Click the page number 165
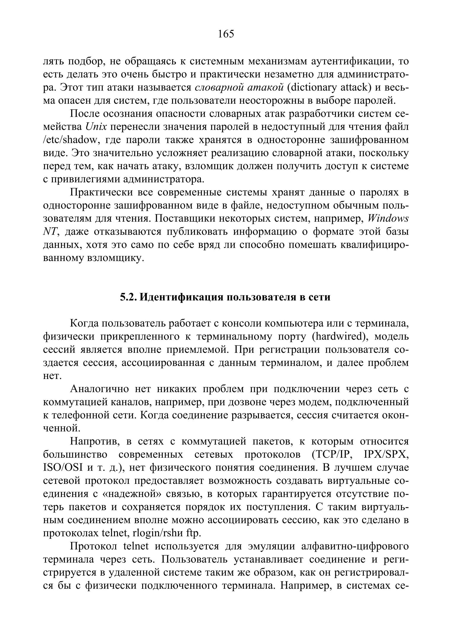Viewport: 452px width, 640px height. tap(226, 34)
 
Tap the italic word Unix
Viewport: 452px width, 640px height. tap(96, 127)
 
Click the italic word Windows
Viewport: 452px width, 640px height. tap(388, 218)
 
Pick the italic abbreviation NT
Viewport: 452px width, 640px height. tap(50, 231)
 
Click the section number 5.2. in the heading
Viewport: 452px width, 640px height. tap(128, 297)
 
